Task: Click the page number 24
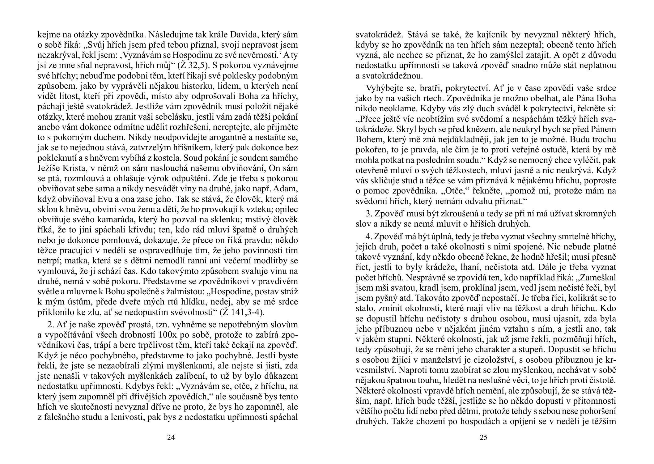point(171,437)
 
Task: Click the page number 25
point(483,437)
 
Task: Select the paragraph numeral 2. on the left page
point(51,325)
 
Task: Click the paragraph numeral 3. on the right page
point(369,214)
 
